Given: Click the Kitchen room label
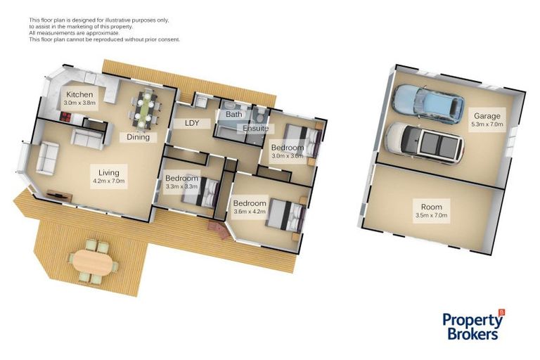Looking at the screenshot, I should [79, 94].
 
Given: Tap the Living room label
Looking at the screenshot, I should [108, 172].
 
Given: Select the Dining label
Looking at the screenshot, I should [138, 137].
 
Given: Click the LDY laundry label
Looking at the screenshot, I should [191, 123].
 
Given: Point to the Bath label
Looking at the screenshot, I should [233, 114].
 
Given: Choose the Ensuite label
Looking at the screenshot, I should [255, 129].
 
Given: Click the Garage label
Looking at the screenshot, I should [487, 116].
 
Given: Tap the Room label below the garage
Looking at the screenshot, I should [431, 207].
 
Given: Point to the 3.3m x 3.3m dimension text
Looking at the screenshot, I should [181, 188].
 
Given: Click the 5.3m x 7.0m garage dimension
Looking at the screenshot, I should [487, 124].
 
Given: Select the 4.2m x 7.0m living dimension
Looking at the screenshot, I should [108, 181].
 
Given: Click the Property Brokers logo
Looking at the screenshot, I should [473, 325].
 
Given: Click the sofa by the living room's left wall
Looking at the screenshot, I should [48, 157].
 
